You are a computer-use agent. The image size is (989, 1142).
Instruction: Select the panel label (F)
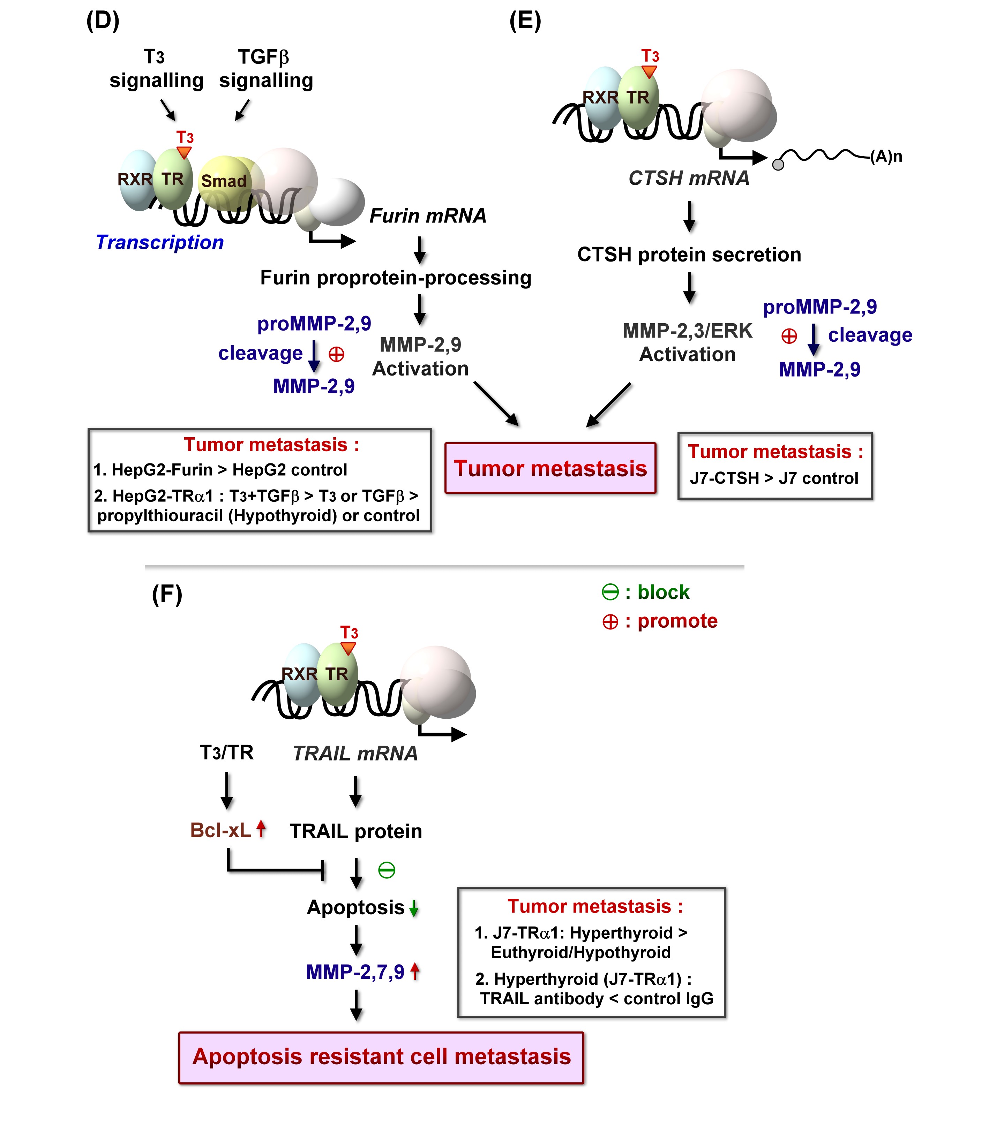167,594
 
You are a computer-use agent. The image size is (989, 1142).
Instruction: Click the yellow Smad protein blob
224,181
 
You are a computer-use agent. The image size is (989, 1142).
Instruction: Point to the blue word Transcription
159,242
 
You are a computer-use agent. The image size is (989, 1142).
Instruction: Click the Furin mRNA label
428,216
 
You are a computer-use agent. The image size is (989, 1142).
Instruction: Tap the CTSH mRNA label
689,178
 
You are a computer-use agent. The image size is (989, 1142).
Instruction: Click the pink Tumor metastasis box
550,468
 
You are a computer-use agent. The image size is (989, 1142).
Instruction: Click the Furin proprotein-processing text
396,278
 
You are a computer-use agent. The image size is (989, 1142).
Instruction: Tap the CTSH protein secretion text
689,254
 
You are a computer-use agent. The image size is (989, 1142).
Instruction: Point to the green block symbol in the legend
610,592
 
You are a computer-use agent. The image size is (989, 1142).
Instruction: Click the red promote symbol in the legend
610,622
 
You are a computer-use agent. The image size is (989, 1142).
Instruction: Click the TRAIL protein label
356,831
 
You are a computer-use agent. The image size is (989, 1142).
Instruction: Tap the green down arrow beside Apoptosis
414,908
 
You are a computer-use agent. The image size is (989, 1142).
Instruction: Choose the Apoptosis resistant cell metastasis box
381,1057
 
